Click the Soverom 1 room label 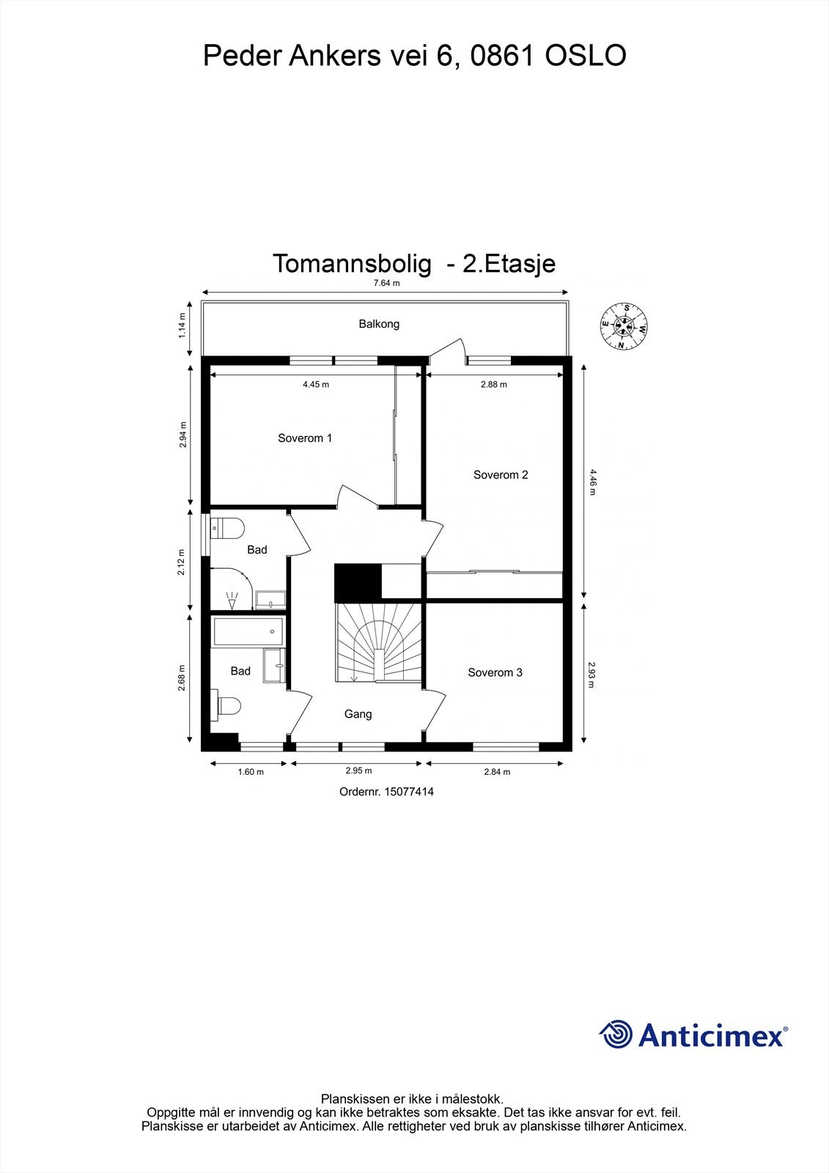(305, 438)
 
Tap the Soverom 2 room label (501, 475)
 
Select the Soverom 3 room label (495, 672)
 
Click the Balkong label (379, 324)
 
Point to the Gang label (358, 714)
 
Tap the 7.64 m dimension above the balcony (386, 283)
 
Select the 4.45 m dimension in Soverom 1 (315, 384)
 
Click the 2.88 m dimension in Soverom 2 (493, 384)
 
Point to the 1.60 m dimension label (251, 771)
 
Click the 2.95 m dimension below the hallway (358, 771)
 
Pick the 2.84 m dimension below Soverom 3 (497, 771)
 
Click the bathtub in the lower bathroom (248, 631)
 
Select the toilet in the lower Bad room (229, 706)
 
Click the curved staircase (378, 642)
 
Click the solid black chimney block (358, 583)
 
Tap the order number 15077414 (386, 792)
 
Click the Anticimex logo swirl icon (616, 1034)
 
